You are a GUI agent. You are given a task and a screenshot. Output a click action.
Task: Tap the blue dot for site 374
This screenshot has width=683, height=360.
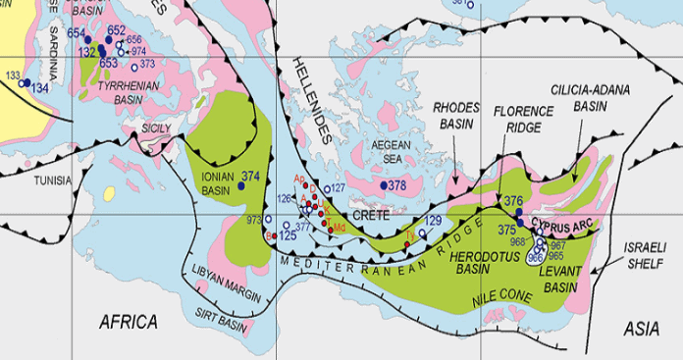240,185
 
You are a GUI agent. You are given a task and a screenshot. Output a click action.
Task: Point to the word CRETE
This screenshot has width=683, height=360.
371,214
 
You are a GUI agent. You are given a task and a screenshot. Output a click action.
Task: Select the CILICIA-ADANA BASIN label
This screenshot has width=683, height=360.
590,96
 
